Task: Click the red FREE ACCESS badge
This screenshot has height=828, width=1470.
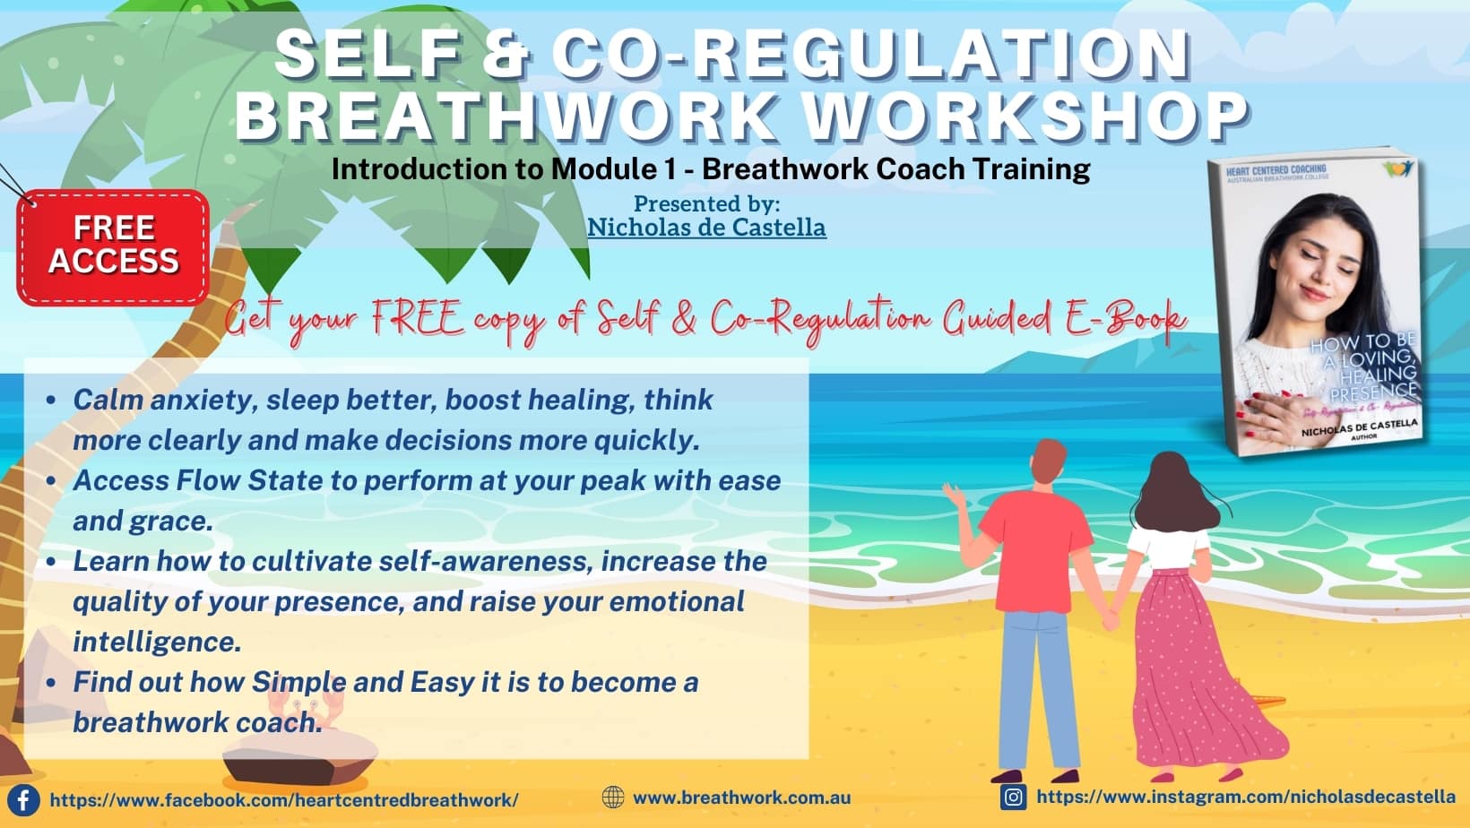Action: click(114, 246)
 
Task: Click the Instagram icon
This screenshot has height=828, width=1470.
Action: click(1013, 797)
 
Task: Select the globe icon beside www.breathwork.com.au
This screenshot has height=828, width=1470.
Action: click(613, 797)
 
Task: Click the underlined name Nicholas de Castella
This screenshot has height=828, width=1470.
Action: click(706, 228)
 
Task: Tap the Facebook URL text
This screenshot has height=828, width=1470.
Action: click(283, 800)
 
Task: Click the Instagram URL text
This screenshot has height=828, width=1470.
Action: click(1246, 797)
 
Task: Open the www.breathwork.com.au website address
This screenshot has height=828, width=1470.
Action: click(741, 798)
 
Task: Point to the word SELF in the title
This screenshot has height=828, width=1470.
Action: click(367, 54)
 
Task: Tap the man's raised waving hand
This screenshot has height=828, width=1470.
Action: click(951, 492)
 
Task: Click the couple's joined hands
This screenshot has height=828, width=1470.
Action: click(1111, 619)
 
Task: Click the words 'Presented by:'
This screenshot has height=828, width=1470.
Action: click(706, 203)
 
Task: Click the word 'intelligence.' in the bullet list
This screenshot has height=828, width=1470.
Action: click(157, 642)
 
